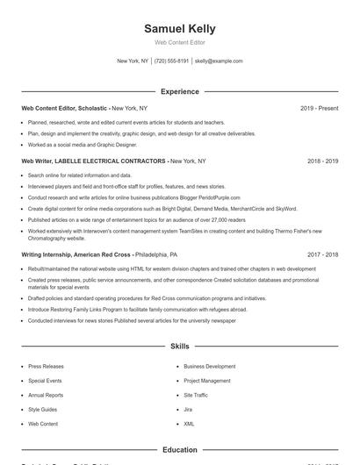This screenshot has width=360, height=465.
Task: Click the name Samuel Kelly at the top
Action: [x=179, y=29]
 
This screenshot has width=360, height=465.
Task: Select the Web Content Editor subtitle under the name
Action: [x=179, y=42]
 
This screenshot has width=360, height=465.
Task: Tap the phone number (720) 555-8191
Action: [x=171, y=61]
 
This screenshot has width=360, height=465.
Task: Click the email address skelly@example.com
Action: [x=219, y=61]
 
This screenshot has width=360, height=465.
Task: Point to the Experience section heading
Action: [x=179, y=91]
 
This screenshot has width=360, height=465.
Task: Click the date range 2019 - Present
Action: [x=319, y=108]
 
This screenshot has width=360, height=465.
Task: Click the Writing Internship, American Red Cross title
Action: [x=76, y=254]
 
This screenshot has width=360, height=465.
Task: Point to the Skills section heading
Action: [x=179, y=347]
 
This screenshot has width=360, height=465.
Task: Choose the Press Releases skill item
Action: [x=45, y=366]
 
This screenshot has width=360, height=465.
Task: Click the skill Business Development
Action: [x=209, y=366]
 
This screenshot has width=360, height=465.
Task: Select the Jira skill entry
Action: [x=188, y=409]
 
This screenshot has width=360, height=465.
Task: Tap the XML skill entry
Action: [x=189, y=423]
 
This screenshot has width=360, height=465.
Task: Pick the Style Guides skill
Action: [x=42, y=409]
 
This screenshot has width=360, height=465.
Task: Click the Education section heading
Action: [x=179, y=450]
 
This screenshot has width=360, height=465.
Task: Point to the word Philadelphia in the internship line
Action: [x=155, y=254]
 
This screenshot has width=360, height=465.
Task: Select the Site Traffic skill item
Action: [x=196, y=395]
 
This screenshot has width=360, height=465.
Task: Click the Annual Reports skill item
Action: [x=45, y=395]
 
